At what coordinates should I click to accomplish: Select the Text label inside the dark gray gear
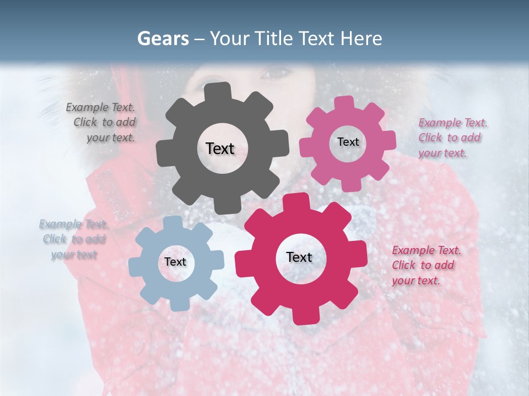(x=220, y=148)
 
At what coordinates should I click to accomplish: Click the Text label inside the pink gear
(x=348, y=142)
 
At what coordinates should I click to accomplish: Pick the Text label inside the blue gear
(x=175, y=262)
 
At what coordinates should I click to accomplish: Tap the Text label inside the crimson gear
(x=299, y=257)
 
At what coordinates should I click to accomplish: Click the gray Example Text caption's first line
(x=100, y=108)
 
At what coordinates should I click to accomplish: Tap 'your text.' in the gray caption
(x=110, y=137)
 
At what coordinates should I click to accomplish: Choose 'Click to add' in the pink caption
(x=449, y=137)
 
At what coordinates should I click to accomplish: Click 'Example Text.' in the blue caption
(x=73, y=224)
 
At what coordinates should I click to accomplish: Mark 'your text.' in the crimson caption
(x=415, y=280)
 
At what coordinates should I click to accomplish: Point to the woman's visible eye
(x=277, y=72)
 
